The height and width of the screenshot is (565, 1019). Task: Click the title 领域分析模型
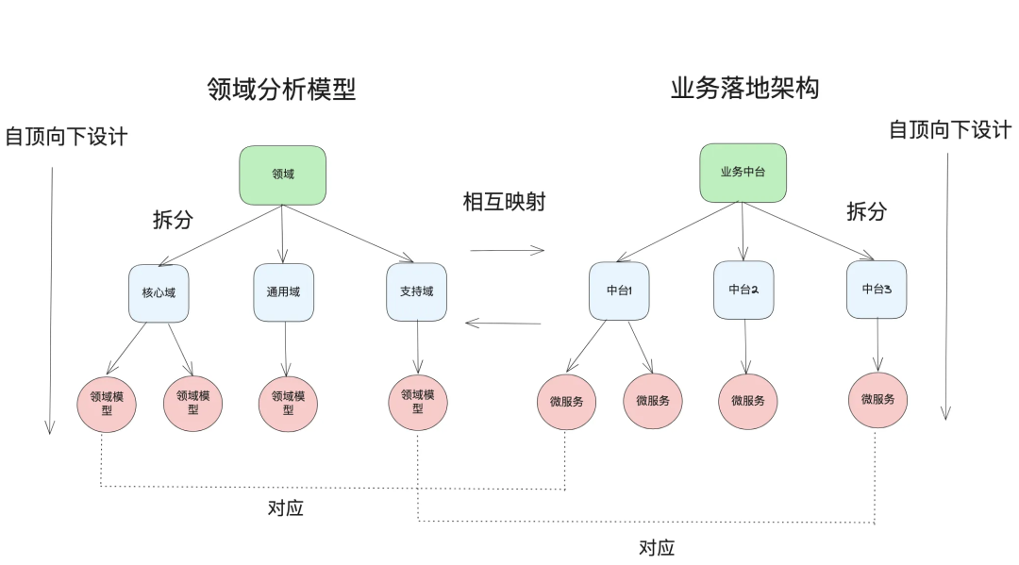(x=281, y=90)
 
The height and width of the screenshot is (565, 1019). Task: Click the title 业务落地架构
(x=744, y=89)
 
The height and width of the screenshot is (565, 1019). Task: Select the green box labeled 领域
(x=283, y=174)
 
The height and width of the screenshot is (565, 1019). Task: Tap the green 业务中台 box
(x=743, y=173)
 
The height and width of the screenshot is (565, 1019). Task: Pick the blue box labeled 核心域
(x=159, y=292)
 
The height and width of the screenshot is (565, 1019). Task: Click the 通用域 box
(x=283, y=292)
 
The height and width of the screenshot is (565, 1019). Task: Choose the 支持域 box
(x=416, y=291)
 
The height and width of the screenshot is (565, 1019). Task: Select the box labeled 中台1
(x=619, y=291)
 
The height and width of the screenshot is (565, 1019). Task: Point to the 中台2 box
(x=743, y=290)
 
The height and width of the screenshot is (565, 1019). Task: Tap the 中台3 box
(x=877, y=289)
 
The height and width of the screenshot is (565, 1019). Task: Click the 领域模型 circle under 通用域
(x=288, y=403)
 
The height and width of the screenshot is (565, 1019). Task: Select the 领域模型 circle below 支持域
(x=418, y=401)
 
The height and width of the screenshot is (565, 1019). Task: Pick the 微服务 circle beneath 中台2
(x=747, y=401)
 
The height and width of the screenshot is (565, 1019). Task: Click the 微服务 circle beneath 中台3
(x=877, y=399)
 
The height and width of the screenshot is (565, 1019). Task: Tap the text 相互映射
(x=504, y=203)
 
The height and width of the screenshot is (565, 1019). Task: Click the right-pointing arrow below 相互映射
(x=508, y=251)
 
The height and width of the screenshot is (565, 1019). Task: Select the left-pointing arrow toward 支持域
(x=503, y=324)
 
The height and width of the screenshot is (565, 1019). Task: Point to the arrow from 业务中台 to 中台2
(x=743, y=231)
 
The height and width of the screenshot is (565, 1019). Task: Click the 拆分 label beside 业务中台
(x=866, y=211)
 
